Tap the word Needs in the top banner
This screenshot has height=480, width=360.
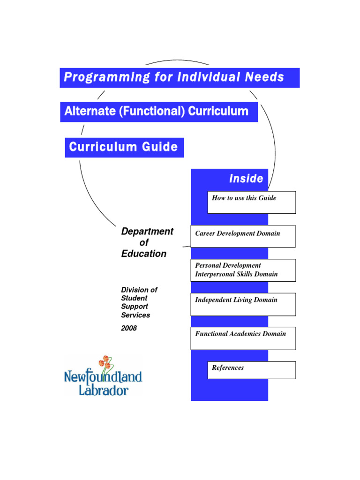click(x=265, y=77)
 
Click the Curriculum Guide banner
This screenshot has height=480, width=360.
click(x=124, y=147)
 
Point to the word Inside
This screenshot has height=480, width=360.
click(x=246, y=179)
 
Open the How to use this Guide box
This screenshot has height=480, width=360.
click(x=252, y=202)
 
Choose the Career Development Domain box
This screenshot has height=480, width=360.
click(x=243, y=236)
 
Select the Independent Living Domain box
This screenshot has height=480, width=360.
click(x=243, y=304)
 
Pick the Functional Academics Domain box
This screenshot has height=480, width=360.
click(x=243, y=338)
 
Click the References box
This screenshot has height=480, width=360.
click(x=252, y=370)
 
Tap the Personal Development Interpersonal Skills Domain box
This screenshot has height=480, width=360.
click(x=243, y=270)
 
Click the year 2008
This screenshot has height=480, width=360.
click(x=129, y=328)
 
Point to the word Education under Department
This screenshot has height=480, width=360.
click(x=143, y=254)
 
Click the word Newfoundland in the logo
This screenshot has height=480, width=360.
click(x=103, y=376)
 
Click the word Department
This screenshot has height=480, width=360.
click(x=147, y=232)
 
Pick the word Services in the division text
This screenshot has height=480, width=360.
click(x=136, y=315)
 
